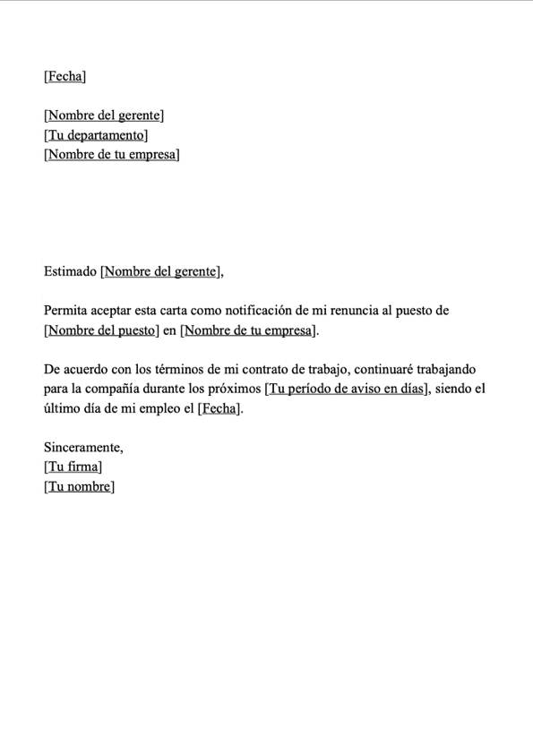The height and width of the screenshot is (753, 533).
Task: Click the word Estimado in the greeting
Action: coord(70,271)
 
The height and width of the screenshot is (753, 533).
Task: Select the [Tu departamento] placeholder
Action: coord(96,135)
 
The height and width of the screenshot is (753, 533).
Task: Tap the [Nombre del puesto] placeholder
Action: coord(101,331)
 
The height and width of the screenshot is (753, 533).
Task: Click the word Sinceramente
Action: coord(83,447)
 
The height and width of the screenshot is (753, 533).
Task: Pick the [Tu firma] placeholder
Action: coord(73,466)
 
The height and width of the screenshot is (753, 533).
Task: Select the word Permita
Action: coord(65,312)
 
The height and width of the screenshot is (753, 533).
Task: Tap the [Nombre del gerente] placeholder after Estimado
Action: coord(159,271)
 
